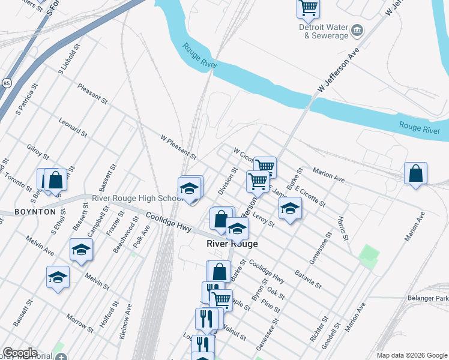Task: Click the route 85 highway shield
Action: [x=7, y=82]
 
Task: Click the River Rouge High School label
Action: [x=137, y=199]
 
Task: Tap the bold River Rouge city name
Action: [x=232, y=244]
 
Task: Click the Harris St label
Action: [x=343, y=229]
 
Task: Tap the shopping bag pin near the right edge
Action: [x=415, y=173]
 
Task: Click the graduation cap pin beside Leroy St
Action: [x=290, y=208]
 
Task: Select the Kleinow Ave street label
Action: [x=127, y=322]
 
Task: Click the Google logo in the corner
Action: [x=20, y=353]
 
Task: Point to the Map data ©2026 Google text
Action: [x=412, y=355]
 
